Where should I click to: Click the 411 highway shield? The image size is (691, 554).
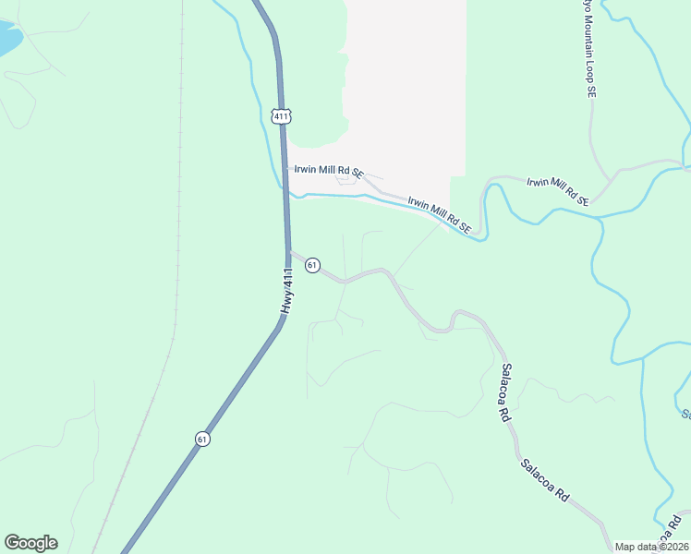click(282, 115)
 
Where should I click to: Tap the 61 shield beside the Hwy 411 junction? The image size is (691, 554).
click(312, 265)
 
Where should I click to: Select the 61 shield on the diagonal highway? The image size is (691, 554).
click(202, 439)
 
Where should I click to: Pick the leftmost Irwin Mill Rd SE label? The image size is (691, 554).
click(329, 171)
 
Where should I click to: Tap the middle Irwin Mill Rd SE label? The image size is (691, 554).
click(440, 214)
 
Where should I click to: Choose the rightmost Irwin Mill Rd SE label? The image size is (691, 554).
click(557, 188)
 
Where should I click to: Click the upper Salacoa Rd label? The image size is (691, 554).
click(505, 392)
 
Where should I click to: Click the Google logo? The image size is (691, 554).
click(30, 543)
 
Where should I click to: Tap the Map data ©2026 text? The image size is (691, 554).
click(652, 547)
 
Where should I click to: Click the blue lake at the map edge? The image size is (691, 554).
click(7, 39)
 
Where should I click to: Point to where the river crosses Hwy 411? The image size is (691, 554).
click(285, 195)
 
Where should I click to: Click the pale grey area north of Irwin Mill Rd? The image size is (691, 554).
click(406, 83)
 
